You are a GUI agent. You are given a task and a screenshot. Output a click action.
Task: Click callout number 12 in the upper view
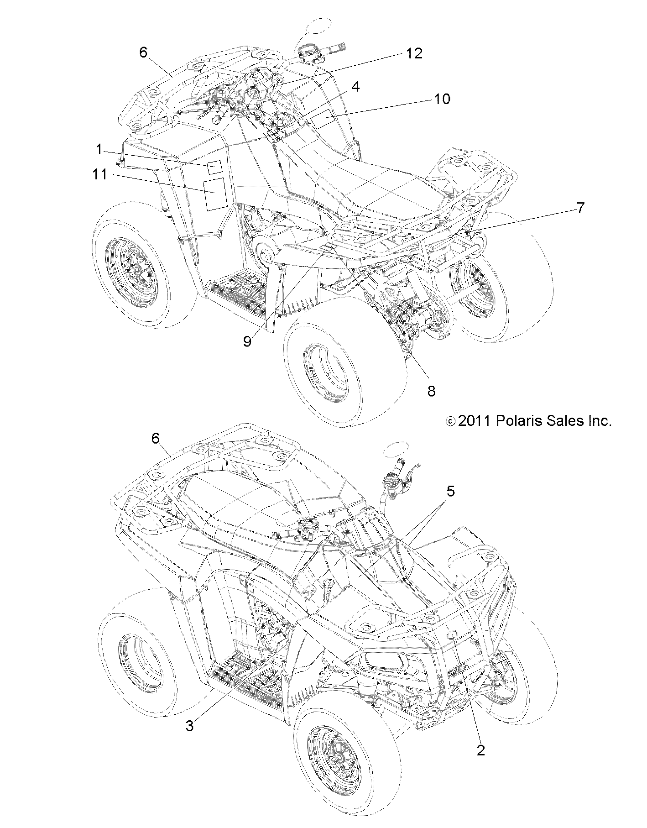(414, 53)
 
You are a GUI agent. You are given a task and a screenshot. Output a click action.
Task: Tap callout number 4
(355, 86)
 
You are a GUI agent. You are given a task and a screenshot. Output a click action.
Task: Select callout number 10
(442, 99)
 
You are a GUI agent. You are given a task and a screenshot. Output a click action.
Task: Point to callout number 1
(99, 149)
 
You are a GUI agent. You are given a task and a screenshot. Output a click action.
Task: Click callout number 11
(100, 174)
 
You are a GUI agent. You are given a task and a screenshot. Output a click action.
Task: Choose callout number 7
(580, 208)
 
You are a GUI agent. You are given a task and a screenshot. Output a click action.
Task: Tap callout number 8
(431, 391)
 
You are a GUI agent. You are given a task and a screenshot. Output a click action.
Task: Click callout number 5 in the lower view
(450, 492)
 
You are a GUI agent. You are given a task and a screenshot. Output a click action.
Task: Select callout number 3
(190, 726)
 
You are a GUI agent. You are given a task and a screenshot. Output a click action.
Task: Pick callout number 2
(480, 750)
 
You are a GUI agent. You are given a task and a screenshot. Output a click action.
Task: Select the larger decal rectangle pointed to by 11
(214, 194)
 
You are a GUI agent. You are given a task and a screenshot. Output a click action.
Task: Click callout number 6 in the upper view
(143, 53)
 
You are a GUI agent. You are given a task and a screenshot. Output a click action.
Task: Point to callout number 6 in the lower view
(156, 439)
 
